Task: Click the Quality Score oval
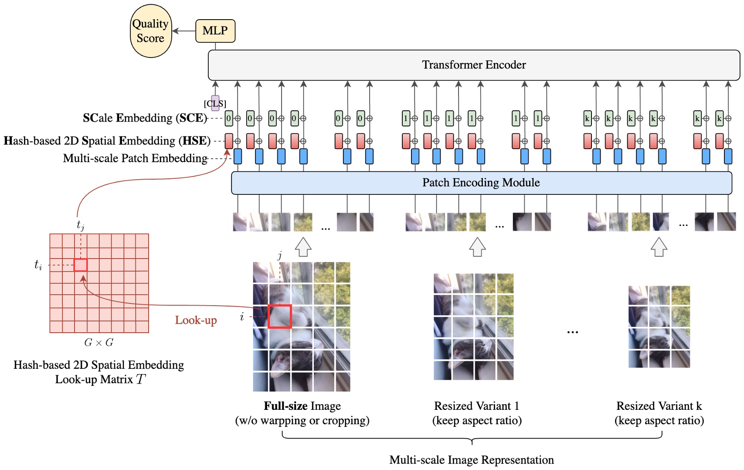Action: click(151, 31)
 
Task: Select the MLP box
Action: click(215, 31)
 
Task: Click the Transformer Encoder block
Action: click(474, 65)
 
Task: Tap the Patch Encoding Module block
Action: click(481, 183)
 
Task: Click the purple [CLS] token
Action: click(215, 102)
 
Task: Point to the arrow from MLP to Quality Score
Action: click(184, 31)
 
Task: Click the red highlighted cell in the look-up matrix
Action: click(81, 265)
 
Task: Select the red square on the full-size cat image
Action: click(279, 317)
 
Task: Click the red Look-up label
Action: click(196, 320)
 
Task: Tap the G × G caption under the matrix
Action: click(99, 343)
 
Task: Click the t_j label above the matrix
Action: click(80, 225)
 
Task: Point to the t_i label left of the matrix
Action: click(38, 265)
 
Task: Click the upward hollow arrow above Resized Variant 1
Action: click(477, 247)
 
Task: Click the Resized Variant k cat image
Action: click(659, 327)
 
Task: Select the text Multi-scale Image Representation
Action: click(472, 460)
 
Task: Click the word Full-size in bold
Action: click(285, 406)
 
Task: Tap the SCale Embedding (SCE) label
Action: click(144, 118)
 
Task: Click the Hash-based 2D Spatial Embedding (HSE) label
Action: click(107, 141)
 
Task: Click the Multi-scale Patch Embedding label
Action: click(135, 158)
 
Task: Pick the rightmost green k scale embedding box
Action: click(719, 119)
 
